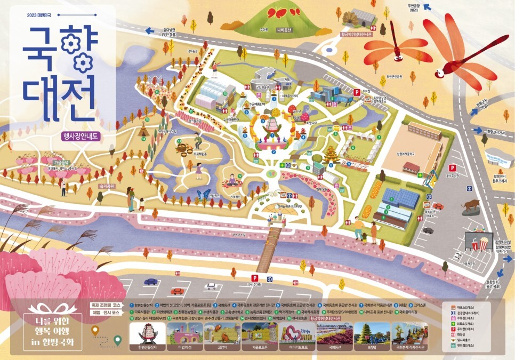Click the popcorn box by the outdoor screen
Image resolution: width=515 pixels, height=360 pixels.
[483, 244]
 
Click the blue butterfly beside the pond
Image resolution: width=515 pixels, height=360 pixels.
[203, 195]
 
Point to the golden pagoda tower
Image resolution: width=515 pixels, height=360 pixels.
[331, 156]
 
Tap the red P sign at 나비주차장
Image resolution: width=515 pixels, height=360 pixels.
[254, 277]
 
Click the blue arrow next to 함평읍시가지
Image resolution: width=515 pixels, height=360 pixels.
[476, 130]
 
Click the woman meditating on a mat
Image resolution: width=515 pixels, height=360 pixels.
[233, 180]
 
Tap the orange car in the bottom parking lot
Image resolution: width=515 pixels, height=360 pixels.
[177, 291]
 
